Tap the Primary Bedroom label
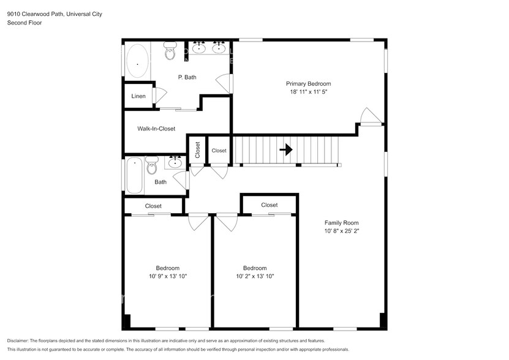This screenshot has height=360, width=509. coord(308,84)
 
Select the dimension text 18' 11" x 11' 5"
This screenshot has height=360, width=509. coord(308,92)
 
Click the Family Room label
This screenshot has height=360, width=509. coord(341,223)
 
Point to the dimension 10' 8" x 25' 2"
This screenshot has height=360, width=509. coord(341,231)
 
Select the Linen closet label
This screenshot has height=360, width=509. coord(138,96)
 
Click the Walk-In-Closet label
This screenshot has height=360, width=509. coord(156,129)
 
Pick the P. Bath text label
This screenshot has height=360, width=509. coord(187,77)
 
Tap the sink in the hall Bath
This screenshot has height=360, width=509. coord(176,162)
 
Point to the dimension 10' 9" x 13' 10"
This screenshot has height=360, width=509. coord(167,276)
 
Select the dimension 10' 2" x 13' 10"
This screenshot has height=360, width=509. coord(255,276)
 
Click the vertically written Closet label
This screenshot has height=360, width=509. coord(197,150)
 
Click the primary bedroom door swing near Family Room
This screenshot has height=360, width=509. coord(369,116)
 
